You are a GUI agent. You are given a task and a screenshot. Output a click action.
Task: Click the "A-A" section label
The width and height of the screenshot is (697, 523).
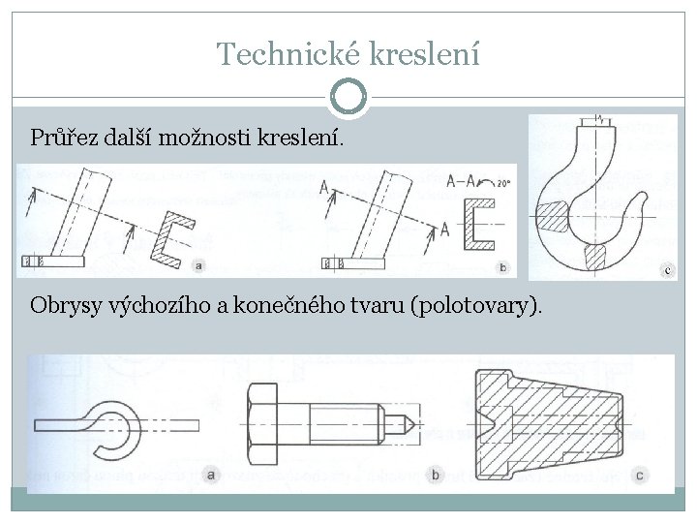(x=463, y=180)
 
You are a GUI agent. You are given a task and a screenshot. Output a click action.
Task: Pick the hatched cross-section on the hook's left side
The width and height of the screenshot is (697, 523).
(x=558, y=214)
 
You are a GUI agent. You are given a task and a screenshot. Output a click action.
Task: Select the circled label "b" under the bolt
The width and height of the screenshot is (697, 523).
(x=436, y=475)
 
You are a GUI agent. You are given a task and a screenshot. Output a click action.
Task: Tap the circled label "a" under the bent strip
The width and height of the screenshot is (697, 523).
(x=212, y=474)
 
